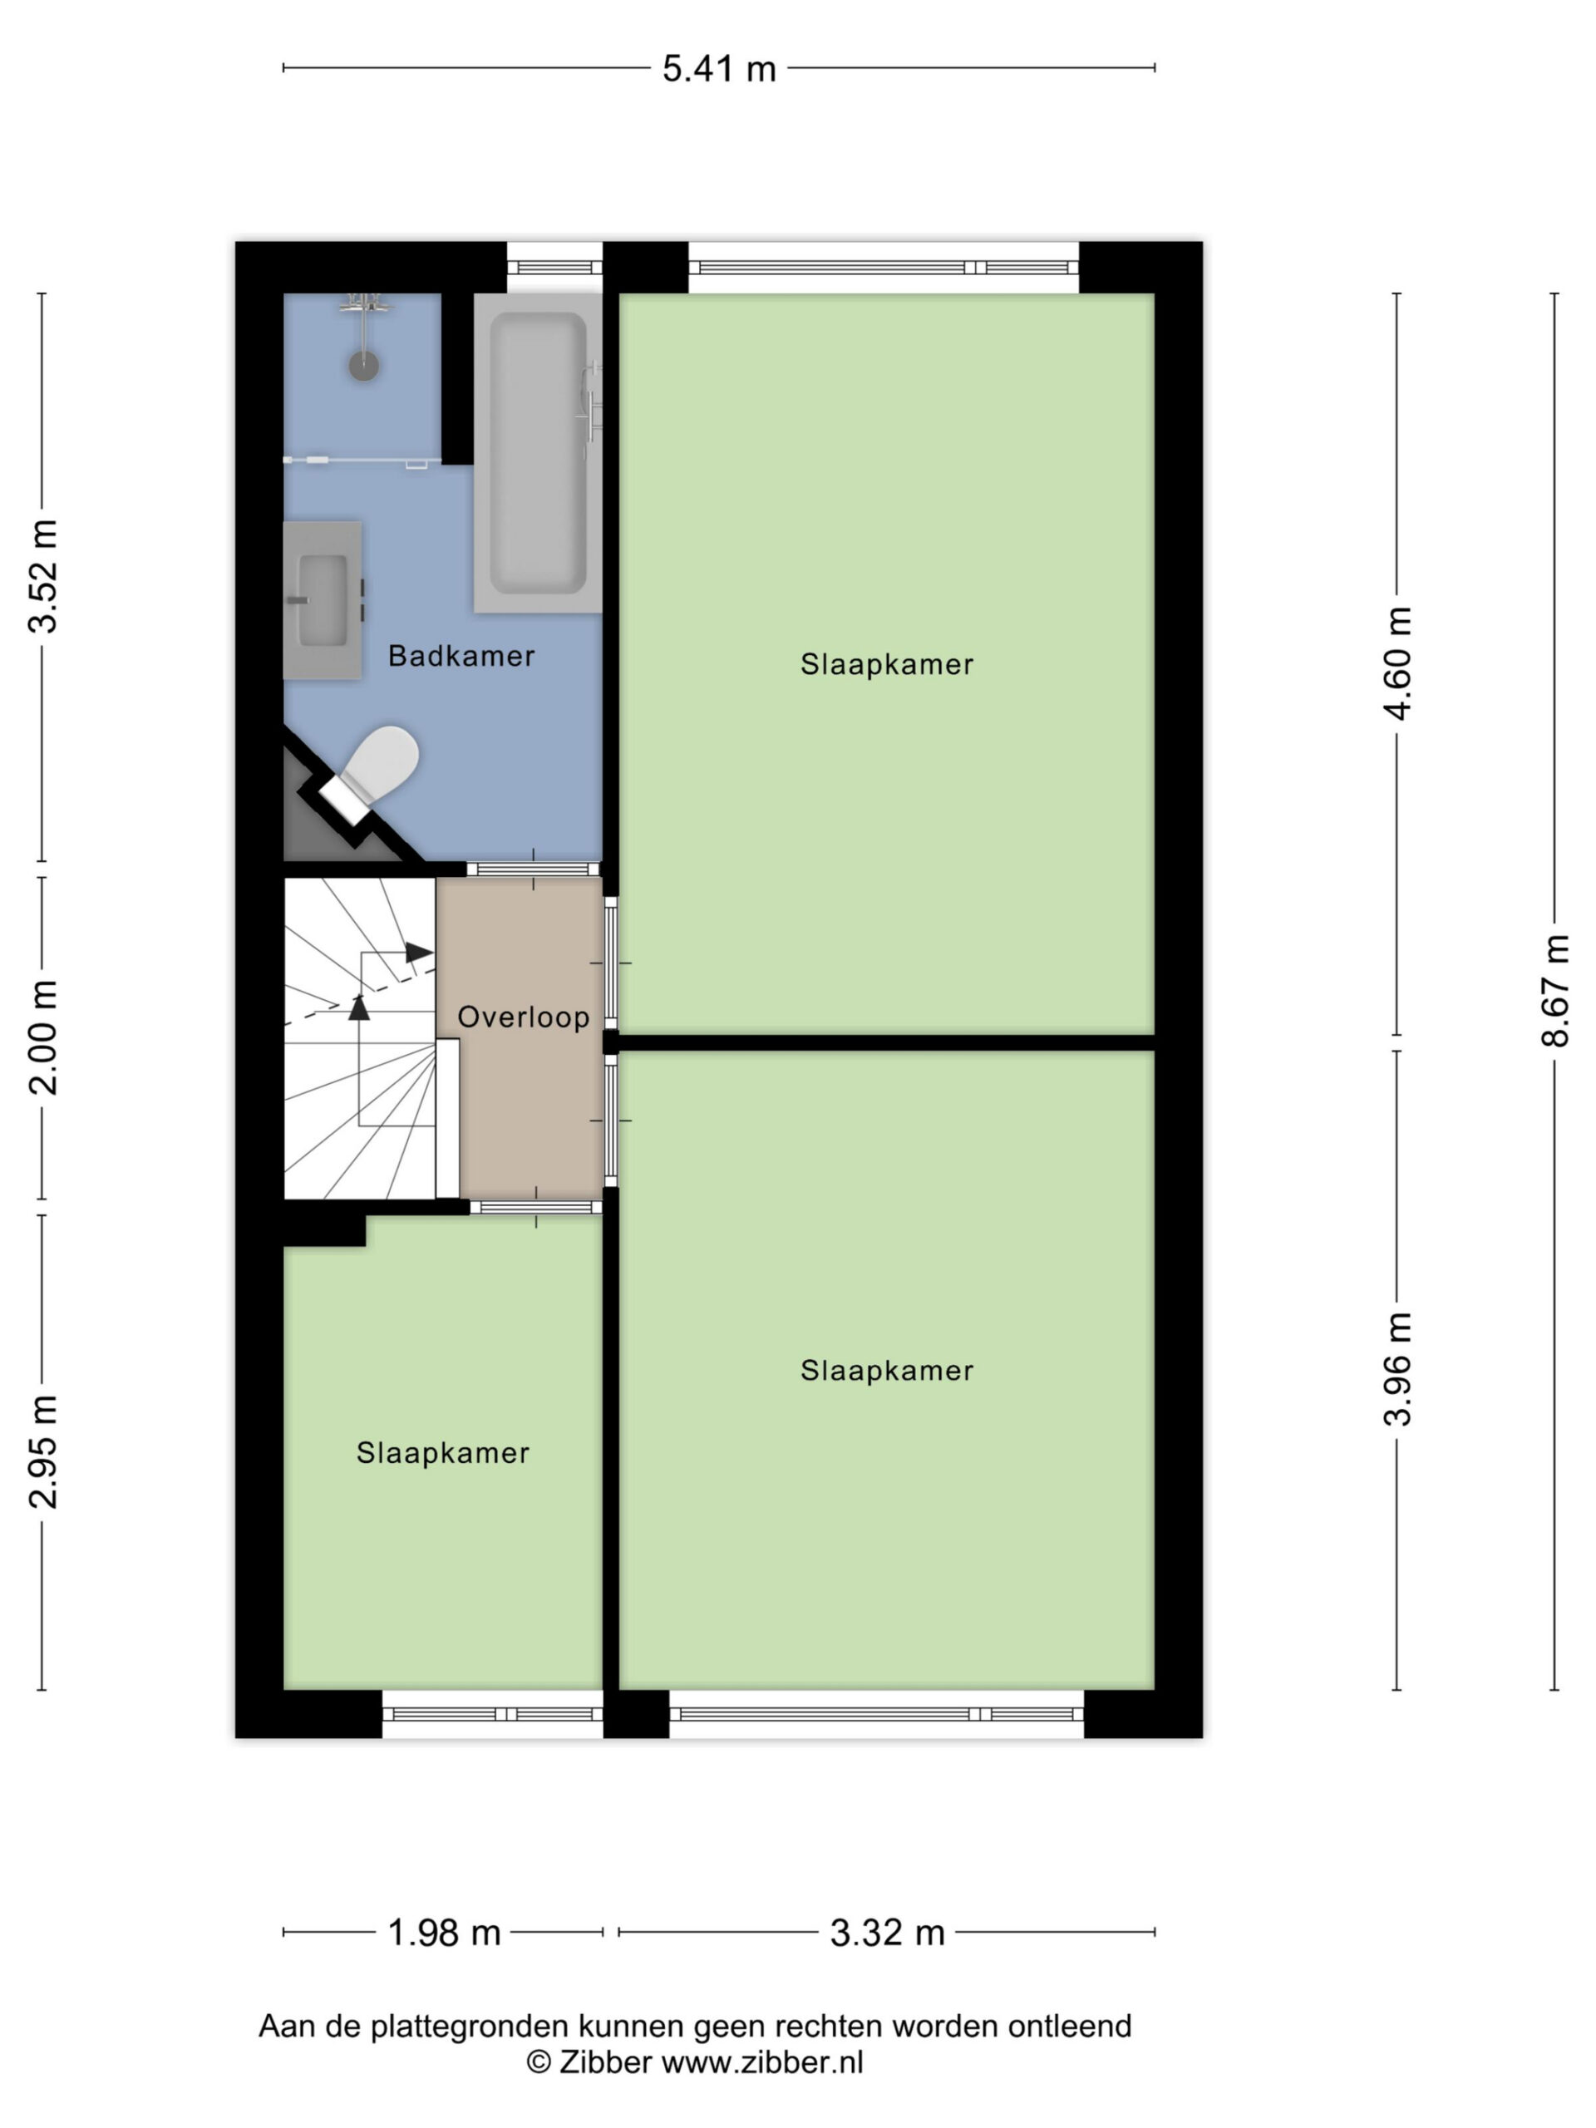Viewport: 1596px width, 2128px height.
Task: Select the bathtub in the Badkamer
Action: click(x=538, y=452)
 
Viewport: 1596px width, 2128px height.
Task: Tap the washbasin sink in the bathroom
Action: click(x=323, y=600)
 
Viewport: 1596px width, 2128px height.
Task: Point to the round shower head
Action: click(x=363, y=365)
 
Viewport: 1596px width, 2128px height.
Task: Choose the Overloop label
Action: click(x=524, y=1017)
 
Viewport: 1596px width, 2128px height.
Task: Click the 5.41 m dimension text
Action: click(x=719, y=68)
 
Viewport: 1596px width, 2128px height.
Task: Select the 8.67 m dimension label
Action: click(x=1555, y=990)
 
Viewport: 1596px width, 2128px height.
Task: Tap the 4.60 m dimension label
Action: click(x=1398, y=663)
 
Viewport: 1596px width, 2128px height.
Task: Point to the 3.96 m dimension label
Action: click(x=1398, y=1368)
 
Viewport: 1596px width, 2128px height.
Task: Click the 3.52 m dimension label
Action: click(x=43, y=576)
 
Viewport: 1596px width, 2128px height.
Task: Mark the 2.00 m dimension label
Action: click(x=43, y=1038)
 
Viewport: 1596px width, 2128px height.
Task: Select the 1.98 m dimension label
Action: click(x=444, y=1932)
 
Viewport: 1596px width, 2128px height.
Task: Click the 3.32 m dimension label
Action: click(x=887, y=1932)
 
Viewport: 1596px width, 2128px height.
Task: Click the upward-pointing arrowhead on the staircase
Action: click(x=359, y=1007)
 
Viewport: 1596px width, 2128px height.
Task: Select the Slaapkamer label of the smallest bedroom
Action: click(x=442, y=1453)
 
